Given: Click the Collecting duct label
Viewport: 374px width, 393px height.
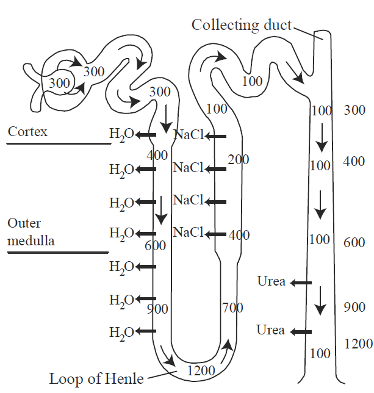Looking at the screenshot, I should coord(241,25).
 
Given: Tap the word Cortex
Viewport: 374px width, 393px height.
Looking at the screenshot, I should coord(27,132).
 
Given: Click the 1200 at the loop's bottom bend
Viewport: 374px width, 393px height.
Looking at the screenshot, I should coord(201,369).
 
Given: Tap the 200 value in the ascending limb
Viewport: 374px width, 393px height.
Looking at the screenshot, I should coord(239,160).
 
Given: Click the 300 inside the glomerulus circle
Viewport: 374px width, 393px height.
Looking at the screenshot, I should coord(59,84).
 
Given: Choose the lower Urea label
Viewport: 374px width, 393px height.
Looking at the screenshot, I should coord(270,330).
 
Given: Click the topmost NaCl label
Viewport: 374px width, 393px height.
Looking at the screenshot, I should coord(189,135).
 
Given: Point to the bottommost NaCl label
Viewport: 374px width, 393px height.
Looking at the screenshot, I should coord(189,232).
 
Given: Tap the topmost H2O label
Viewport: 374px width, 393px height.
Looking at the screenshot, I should coord(121,135).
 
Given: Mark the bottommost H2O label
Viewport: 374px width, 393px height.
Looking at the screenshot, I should coord(121,333).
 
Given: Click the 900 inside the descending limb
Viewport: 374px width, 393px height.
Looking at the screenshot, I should coord(157,309).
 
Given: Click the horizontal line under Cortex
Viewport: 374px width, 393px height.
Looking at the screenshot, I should coord(59,144).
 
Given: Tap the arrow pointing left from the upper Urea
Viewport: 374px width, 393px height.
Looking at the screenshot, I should coord(300,283).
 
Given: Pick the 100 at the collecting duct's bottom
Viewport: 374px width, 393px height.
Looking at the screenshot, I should coord(320,353).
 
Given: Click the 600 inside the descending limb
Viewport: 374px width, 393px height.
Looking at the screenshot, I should coord(156,245).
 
